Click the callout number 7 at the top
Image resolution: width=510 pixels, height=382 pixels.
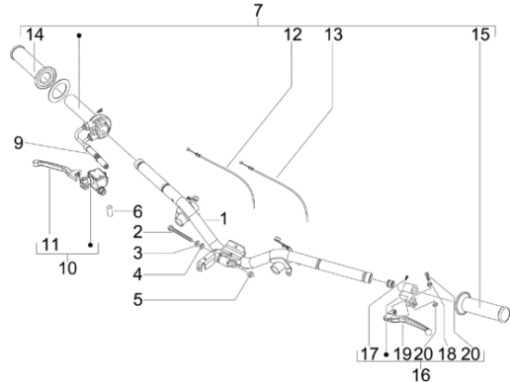coord(258,11)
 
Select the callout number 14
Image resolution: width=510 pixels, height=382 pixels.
coord(35,34)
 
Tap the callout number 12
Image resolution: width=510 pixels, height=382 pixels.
coord(293,34)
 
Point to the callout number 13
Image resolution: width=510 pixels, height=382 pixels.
coord(334,34)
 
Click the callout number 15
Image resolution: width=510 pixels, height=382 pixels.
coord(480,34)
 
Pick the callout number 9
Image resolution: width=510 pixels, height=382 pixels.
coord(19,143)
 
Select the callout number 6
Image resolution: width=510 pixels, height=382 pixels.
coord(137,211)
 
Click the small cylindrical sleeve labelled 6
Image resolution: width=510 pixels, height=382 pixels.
coord(109,210)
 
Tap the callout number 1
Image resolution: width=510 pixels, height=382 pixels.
coord(223,219)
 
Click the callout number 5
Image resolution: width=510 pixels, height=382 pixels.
coord(137,299)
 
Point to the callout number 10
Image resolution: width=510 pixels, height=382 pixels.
coord(68,268)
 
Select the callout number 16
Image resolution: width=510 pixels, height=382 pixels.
coord(421,375)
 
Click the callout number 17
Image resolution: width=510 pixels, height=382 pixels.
coord(370,354)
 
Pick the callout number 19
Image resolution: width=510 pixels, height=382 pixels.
coord(402,354)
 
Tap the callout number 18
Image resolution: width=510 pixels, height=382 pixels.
coord(447,354)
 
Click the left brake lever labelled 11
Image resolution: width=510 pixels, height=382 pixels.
coord(56,167)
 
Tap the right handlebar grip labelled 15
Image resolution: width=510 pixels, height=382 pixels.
coord(482,307)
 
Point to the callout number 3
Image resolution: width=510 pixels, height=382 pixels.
coord(137,253)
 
